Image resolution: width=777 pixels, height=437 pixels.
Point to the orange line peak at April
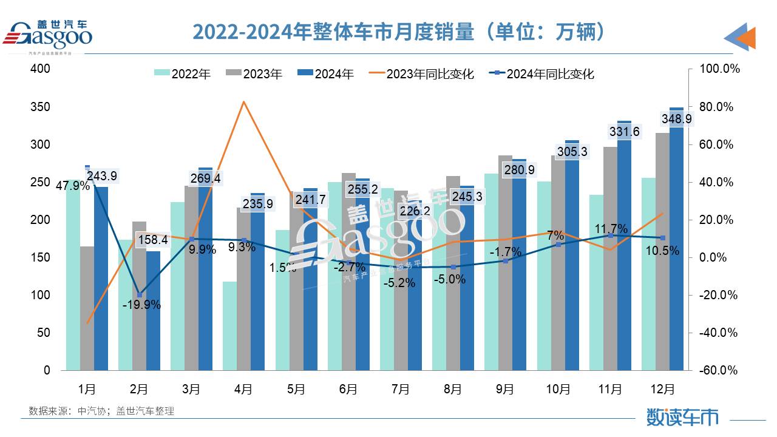point(243,102)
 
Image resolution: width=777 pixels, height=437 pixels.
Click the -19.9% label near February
point(141,305)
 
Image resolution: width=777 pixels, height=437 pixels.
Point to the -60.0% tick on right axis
point(716,370)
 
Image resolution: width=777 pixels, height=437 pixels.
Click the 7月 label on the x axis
point(401,389)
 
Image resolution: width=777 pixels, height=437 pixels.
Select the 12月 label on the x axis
point(662,389)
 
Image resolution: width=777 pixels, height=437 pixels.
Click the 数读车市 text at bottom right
point(682,417)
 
